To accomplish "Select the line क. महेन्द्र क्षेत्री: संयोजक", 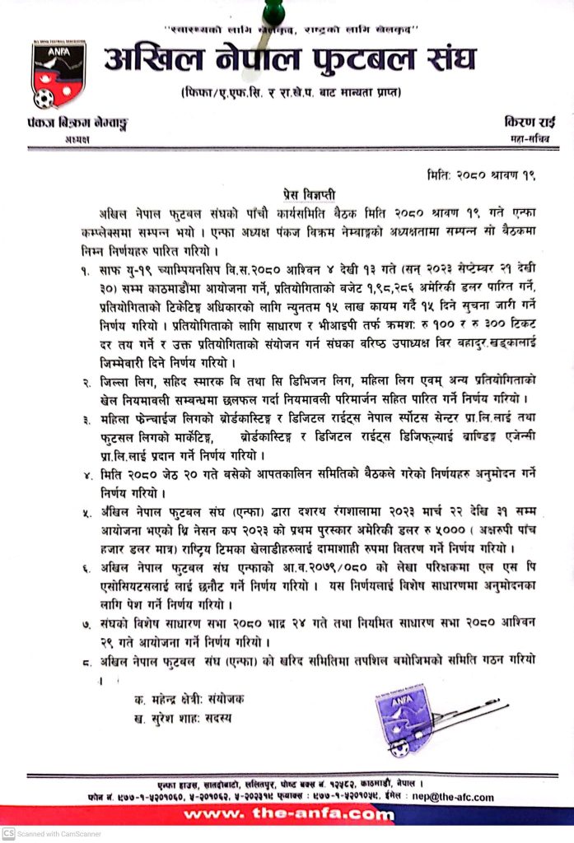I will click(188, 699).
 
